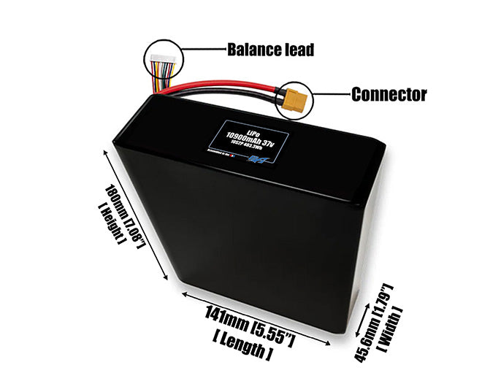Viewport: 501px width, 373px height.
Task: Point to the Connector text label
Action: pyautogui.click(x=389, y=94)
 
